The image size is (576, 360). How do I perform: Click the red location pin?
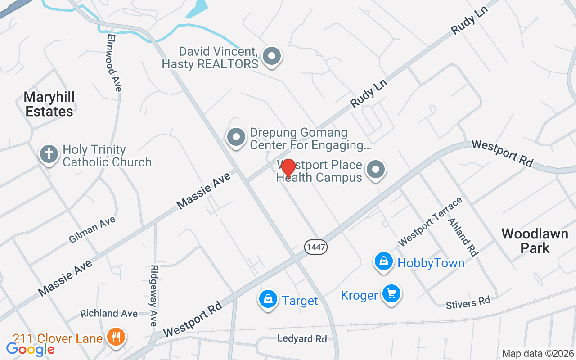[288, 168]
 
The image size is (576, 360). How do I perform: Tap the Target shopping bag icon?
[268, 299]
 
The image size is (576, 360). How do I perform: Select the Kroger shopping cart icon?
[391, 294]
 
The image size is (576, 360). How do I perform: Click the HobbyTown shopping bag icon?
[384, 261]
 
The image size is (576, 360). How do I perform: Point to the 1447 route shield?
[316, 247]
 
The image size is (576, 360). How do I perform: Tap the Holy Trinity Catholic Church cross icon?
[49, 154]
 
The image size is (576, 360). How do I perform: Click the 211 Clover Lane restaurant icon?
[117, 337]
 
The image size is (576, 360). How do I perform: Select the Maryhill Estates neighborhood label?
[49, 104]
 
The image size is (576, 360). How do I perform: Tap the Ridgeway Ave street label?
[154, 295]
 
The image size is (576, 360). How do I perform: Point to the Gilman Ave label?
[92, 229]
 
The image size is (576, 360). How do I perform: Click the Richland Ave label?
[109, 313]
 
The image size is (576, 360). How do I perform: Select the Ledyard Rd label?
[302, 338]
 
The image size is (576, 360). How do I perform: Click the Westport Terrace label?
[430, 221]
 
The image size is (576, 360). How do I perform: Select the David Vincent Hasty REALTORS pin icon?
[271, 57]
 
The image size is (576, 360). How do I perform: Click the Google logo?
[30, 349]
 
